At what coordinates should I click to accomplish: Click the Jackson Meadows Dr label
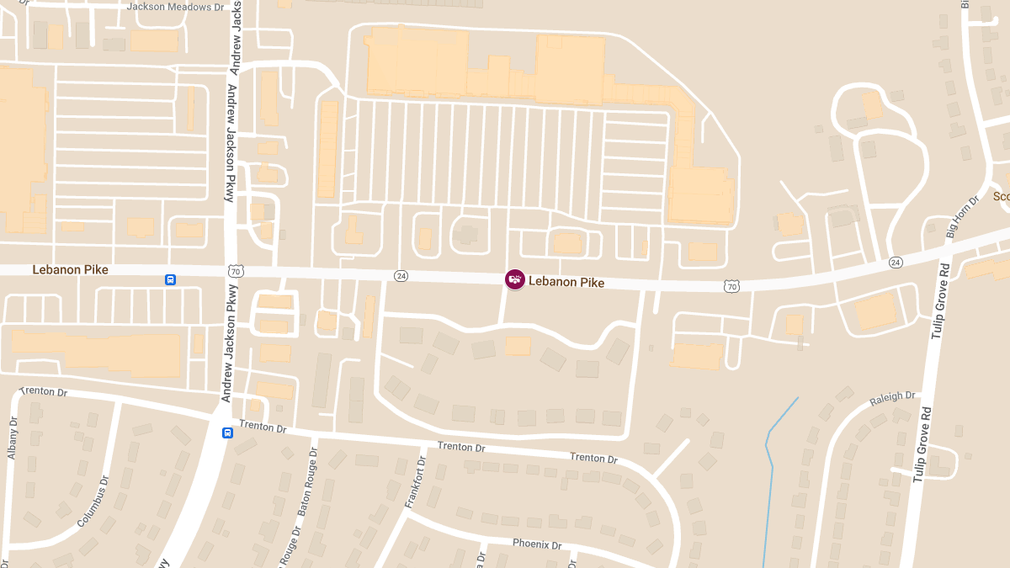coord(176,7)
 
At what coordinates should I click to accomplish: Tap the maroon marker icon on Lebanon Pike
coord(515,279)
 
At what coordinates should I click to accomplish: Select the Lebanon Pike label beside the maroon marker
coord(566,283)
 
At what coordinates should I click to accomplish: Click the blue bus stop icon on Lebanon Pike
coord(170,279)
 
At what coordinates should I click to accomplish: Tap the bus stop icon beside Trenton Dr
coord(227,433)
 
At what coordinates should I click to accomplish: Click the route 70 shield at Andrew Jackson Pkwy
coord(236,271)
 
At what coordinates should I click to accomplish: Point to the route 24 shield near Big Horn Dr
coord(896,263)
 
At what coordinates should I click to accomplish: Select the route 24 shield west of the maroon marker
coord(401,276)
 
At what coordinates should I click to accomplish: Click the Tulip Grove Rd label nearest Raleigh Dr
coord(924,443)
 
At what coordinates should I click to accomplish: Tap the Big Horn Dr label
coord(962,217)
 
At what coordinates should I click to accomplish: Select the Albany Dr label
coord(13,438)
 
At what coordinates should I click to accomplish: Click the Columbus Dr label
coord(93,502)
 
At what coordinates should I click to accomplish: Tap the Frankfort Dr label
coord(416,482)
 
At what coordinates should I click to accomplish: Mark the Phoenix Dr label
coord(536,544)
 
